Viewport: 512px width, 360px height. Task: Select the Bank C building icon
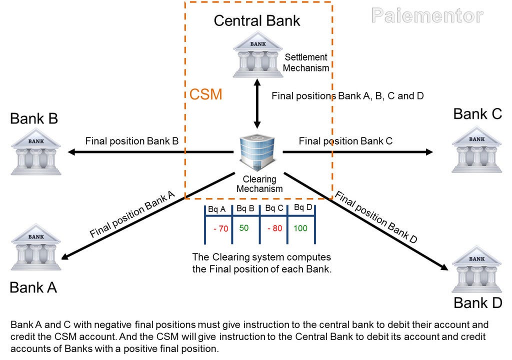[476, 148]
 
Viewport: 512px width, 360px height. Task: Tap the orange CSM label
[206, 94]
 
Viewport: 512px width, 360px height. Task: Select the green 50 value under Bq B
[244, 228]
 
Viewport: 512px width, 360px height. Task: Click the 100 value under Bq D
[300, 228]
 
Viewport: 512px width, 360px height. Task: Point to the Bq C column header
[274, 208]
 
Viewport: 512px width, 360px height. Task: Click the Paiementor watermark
[427, 16]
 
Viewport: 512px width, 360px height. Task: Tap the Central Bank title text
[257, 20]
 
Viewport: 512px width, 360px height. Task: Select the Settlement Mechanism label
[306, 62]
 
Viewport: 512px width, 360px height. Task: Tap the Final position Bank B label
[132, 141]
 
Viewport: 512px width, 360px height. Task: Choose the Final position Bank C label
[345, 141]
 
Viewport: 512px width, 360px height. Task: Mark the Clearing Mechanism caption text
[259, 184]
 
